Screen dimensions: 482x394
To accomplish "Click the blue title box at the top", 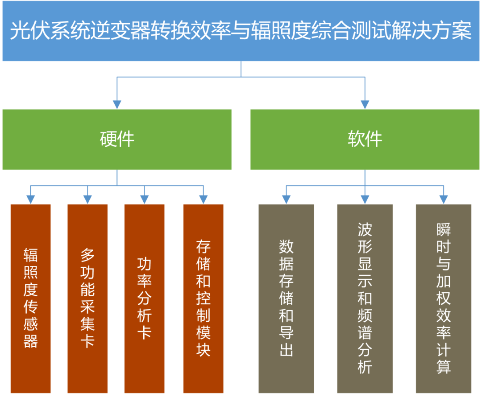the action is (x=241, y=31).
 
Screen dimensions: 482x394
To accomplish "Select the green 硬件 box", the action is (x=117, y=140).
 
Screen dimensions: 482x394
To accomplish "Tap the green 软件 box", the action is (x=365, y=140).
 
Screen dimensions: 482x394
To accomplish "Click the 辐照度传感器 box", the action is (x=30, y=299).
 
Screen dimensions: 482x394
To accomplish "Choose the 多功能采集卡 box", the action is (x=87, y=299).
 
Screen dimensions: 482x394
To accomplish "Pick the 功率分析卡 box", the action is (x=145, y=299).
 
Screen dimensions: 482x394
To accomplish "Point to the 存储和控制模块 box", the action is (x=204, y=299).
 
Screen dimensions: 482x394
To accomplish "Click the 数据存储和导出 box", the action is (x=286, y=299).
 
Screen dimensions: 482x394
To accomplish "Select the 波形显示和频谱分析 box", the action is (x=365, y=299).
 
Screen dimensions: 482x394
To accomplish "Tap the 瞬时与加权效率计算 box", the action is (x=444, y=299).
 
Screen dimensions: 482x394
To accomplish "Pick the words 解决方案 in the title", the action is (x=432, y=31).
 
